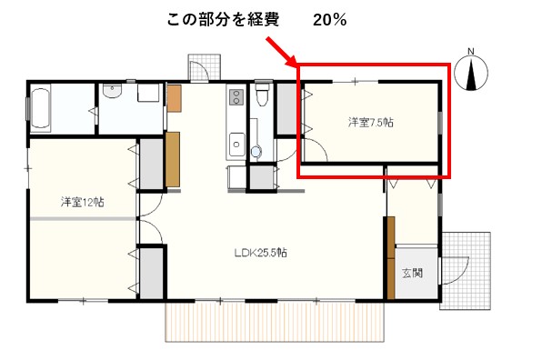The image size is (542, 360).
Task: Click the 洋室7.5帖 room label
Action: click(x=370, y=123)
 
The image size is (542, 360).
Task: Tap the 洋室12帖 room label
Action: click(x=82, y=202)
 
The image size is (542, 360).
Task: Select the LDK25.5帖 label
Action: click(x=261, y=253)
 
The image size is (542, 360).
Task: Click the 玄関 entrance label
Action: click(x=413, y=273)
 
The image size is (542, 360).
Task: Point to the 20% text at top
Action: click(x=329, y=20)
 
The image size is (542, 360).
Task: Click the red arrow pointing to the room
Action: click(x=281, y=52)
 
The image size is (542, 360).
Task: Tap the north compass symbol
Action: click(x=471, y=73)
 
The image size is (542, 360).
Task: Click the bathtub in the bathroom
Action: click(x=40, y=108)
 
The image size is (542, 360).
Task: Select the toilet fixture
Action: click(x=262, y=94)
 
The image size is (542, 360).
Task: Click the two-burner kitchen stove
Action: click(x=236, y=96)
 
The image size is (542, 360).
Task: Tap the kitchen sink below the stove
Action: click(x=236, y=144)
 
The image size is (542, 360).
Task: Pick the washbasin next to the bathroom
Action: click(x=112, y=90)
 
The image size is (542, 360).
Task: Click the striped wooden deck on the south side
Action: click(x=275, y=321)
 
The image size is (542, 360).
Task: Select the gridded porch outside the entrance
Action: click(x=466, y=271)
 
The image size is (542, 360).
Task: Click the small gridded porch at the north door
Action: click(x=205, y=67)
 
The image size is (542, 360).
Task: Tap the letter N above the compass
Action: click(x=470, y=51)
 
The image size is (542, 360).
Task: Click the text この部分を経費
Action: click(x=223, y=20)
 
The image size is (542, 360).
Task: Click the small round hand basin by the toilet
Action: click(x=256, y=151)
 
